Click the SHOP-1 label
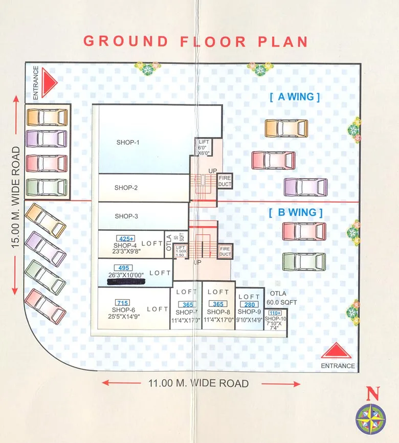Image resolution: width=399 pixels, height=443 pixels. (127, 142)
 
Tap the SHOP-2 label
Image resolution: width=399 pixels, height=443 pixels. (126, 188)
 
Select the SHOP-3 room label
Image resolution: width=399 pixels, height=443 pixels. (126, 216)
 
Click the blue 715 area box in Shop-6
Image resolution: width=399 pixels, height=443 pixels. (122, 302)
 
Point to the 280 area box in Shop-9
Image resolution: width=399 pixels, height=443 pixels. (249, 304)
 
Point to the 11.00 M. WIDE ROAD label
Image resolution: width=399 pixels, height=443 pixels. (198, 383)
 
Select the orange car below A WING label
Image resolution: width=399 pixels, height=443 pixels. (286, 128)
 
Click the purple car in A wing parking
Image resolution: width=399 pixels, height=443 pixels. (306, 187)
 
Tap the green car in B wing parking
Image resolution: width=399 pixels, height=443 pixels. (304, 261)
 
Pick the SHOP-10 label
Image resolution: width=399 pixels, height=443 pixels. (275, 319)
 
